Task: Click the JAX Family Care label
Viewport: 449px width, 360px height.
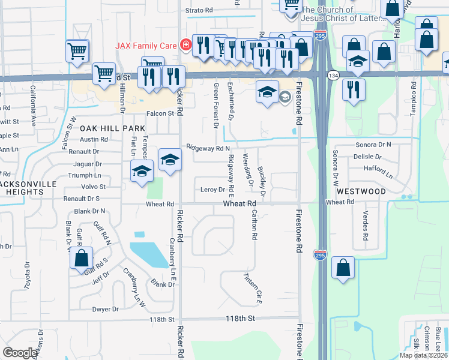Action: (x=149, y=45)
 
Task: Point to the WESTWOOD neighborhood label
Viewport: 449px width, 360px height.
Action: (x=361, y=191)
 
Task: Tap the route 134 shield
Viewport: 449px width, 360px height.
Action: (x=333, y=75)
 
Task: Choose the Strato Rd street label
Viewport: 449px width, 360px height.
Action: (x=199, y=10)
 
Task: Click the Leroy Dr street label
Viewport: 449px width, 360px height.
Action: (x=212, y=190)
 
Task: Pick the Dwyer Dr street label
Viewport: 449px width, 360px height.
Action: (x=105, y=309)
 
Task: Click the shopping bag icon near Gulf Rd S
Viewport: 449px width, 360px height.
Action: (x=82, y=260)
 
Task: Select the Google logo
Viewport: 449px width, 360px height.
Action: (x=20, y=353)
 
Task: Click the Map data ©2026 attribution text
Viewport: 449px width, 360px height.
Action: (x=424, y=355)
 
